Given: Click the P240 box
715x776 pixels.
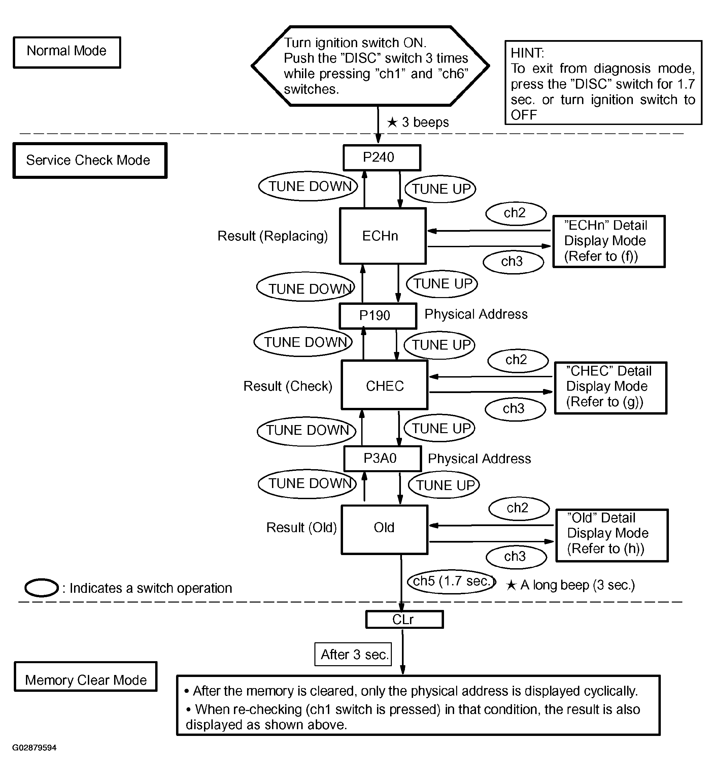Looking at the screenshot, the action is pos(382,158).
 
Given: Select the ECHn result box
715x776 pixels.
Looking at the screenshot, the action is pos(383,236).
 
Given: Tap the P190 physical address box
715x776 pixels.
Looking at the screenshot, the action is pos(378,316).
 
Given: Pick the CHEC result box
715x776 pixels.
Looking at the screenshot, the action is pos(384,385).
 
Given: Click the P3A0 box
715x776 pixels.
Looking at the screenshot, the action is pos(383,459).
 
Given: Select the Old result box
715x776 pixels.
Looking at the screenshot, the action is pos(384,529).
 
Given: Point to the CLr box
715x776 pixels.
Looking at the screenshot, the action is pos(404,619).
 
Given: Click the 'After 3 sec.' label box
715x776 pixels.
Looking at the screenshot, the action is pos(353,654).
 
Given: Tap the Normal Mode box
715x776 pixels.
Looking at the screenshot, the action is pos(67,52).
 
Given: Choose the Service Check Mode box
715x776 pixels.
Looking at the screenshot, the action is pos(90,160).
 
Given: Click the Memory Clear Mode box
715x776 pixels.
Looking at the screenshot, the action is pos(86,677).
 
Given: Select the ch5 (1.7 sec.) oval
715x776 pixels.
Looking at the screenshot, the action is pos(452,581).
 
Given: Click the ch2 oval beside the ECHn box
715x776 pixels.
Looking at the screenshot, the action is pos(516,213).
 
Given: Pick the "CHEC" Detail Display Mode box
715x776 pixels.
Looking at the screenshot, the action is pos(611,388).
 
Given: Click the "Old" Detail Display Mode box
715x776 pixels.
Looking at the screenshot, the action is pos(612,535).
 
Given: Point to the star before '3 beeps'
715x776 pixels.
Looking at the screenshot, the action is pos(392,122).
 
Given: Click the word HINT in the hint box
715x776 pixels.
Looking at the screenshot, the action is pos(527,53).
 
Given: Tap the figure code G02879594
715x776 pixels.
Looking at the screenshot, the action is pos(34,748).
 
